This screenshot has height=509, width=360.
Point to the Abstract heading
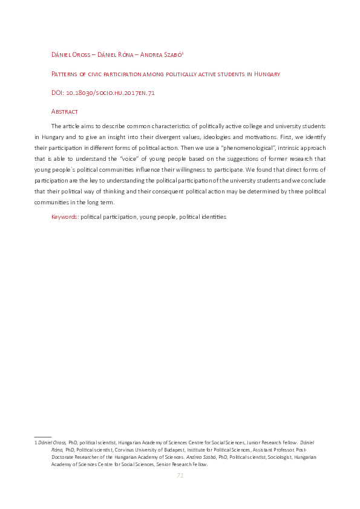point(65,111)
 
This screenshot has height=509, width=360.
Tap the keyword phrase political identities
point(204,216)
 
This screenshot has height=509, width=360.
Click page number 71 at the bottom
point(180,476)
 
